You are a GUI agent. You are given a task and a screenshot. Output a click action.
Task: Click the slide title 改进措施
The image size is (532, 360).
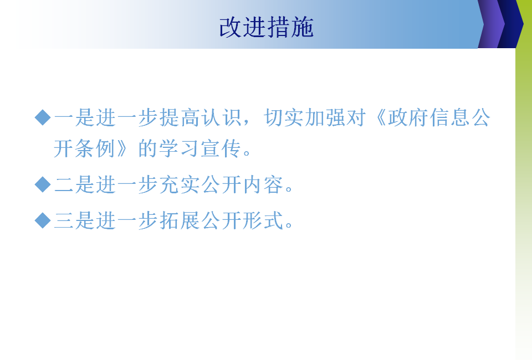pyautogui.click(x=267, y=27)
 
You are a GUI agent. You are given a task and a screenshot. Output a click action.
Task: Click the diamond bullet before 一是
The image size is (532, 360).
pyautogui.click(x=43, y=117)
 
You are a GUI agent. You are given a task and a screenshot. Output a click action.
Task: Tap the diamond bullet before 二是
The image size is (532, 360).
pyautogui.click(x=43, y=184)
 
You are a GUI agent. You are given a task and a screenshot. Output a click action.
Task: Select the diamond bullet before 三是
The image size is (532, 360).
pyautogui.click(x=43, y=220)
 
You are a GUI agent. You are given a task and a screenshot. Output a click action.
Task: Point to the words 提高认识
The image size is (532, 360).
pyautogui.click(x=200, y=117)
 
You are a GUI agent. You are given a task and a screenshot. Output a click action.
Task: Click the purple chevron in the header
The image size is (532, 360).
pyautogui.click(x=491, y=24)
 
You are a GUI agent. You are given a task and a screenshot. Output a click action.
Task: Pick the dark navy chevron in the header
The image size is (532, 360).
pyautogui.click(x=510, y=24)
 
